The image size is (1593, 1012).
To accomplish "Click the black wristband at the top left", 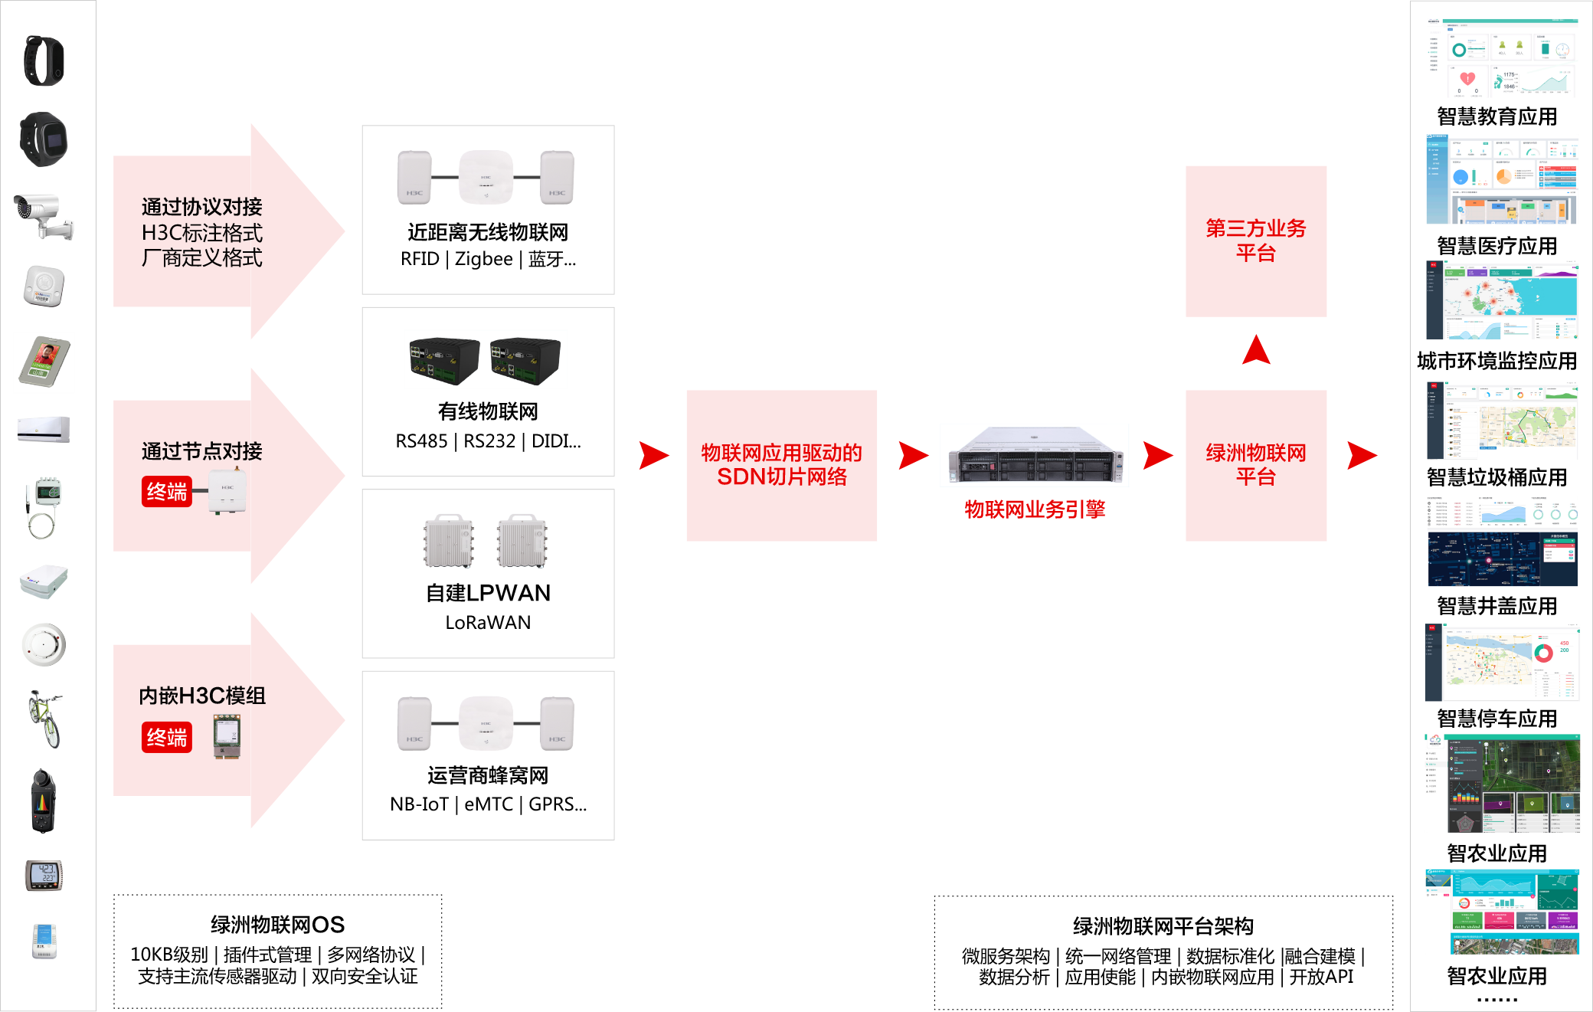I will coord(44,61).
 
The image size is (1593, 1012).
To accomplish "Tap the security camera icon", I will coord(44,215).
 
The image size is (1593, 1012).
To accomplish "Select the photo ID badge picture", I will coord(44,362).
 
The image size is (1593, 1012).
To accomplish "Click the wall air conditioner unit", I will coord(44,429).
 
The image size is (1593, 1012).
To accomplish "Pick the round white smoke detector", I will coord(44,644).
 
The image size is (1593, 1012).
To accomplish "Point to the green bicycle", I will coord(44,718).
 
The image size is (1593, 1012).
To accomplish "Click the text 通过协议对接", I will coord(201,207).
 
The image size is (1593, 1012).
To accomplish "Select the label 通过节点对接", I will coord(201,451).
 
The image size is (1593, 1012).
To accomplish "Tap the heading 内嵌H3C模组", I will coord(202,696).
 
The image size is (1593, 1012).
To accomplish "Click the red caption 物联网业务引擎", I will coord(1035,509).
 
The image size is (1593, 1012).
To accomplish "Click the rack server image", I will coord(1034,455).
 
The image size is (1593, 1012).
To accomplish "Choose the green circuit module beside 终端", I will coord(227,736).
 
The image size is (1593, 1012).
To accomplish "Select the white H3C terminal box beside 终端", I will coord(227,490).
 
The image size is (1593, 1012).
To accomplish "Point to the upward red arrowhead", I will coord(1256,350).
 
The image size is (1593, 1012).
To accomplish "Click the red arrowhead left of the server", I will coord(912,455).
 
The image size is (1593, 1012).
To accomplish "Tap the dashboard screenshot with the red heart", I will coord(1502,58).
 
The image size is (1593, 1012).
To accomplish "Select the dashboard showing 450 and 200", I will coord(1502,663).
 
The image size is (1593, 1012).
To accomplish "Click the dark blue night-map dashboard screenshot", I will coord(1502,542).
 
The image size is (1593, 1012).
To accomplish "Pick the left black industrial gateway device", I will coord(444,359).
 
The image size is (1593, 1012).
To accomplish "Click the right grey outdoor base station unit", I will coord(522,541).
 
